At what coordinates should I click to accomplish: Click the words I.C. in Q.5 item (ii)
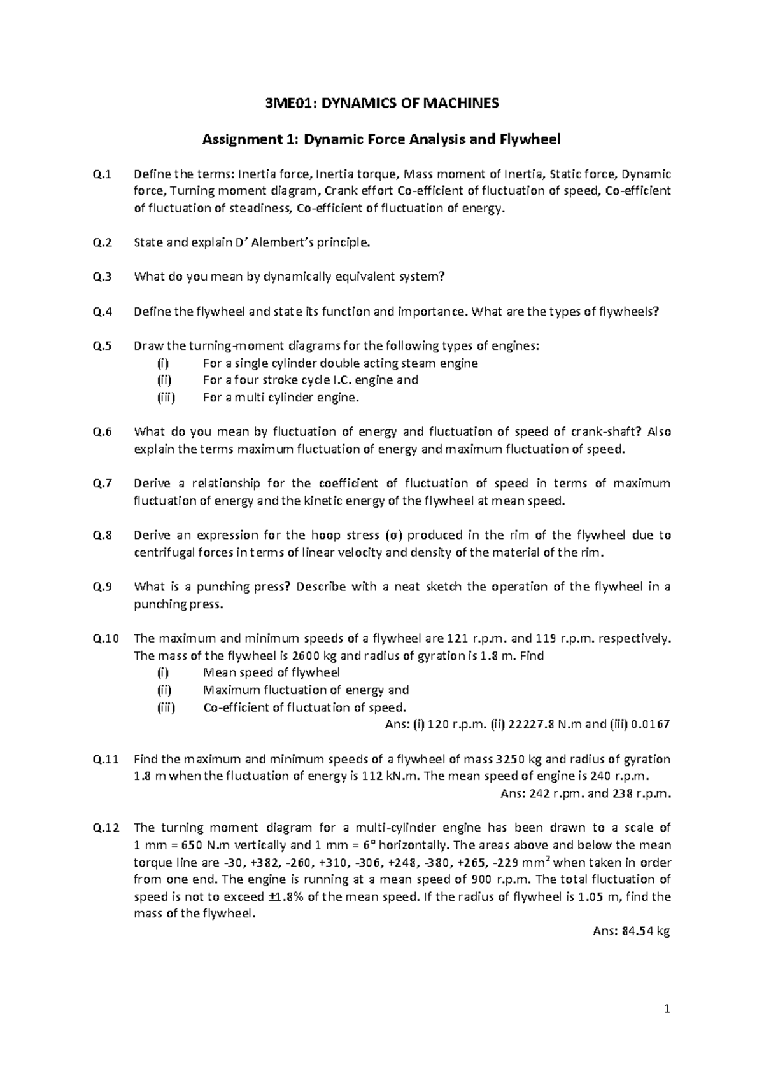342,380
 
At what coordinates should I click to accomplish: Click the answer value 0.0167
650,725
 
